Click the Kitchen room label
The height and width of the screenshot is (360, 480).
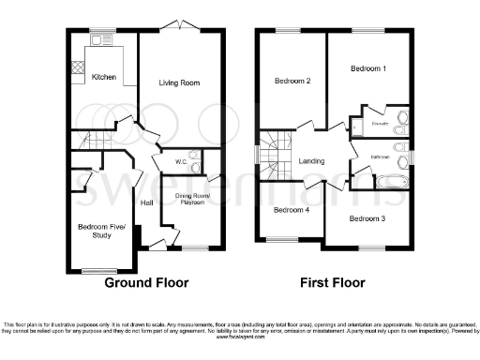point(105,77)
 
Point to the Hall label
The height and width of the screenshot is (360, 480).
point(147,203)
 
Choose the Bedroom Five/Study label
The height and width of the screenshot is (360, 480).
point(96,231)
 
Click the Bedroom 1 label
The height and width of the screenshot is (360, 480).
point(368,68)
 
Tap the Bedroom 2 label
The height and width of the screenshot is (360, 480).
point(292,82)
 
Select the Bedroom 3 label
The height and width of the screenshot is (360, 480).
point(368,218)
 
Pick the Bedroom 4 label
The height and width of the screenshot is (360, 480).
point(291,210)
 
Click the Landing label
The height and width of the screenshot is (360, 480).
point(311,161)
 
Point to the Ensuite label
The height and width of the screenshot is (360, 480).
point(380,123)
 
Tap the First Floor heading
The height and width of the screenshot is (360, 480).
point(332,282)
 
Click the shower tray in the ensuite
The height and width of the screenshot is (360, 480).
point(359,125)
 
